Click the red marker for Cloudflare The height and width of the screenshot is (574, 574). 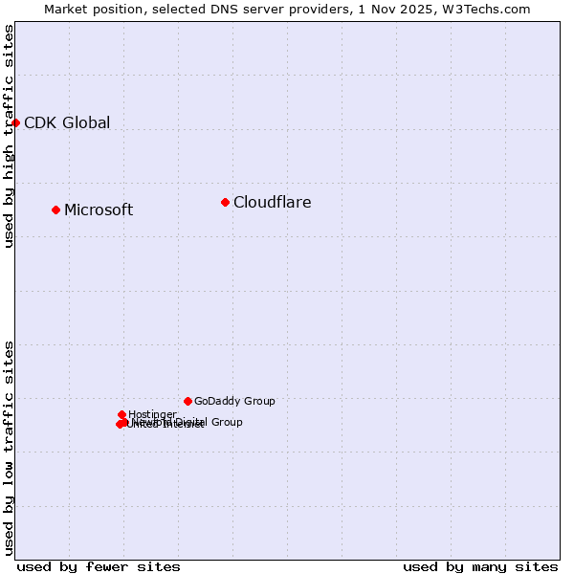tap(225, 202)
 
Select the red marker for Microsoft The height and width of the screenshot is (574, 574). tap(55, 210)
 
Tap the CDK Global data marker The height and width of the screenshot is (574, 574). tap(16, 122)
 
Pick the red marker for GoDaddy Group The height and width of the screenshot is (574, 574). tap(188, 401)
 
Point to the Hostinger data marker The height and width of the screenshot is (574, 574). tap(121, 414)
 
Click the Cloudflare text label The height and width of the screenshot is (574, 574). tap(273, 202)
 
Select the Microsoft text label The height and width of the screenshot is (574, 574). tap(99, 210)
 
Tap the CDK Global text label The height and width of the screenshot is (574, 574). tap(67, 122)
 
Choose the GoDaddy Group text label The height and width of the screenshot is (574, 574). tap(234, 401)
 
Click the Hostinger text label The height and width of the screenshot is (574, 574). tap(152, 414)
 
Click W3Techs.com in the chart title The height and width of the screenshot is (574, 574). tap(490, 9)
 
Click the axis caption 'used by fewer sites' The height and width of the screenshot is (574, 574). tap(99, 566)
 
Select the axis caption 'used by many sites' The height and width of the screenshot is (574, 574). tap(480, 566)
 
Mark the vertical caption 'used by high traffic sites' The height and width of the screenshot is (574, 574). tap(9, 136)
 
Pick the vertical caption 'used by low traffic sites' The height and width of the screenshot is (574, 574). tap(9, 448)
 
